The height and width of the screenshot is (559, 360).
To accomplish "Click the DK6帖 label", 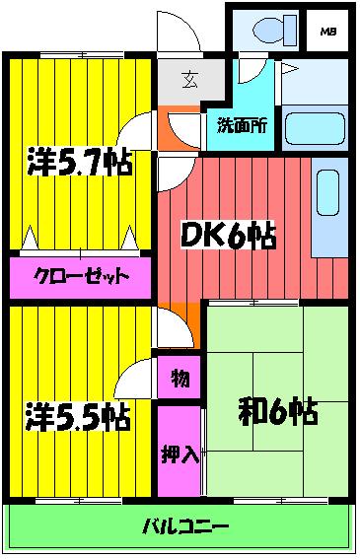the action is tap(227, 237).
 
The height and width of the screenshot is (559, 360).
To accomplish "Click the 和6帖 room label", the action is tap(277, 412).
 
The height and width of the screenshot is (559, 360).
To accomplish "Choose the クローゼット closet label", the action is tap(83, 277).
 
